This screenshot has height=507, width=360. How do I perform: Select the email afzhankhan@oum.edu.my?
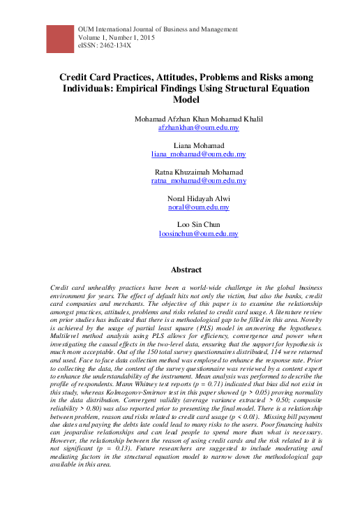[x=199, y=129]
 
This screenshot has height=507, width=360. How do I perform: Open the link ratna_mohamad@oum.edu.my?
[x=199, y=181]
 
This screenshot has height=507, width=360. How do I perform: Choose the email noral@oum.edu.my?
[x=199, y=207]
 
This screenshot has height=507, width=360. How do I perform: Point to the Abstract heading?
[x=186, y=270]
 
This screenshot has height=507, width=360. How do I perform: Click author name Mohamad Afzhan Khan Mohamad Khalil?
[x=199, y=119]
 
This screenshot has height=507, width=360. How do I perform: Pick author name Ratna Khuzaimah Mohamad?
[x=199, y=172]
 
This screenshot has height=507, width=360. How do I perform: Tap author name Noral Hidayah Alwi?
[x=199, y=198]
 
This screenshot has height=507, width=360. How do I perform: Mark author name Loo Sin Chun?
[x=199, y=224]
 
